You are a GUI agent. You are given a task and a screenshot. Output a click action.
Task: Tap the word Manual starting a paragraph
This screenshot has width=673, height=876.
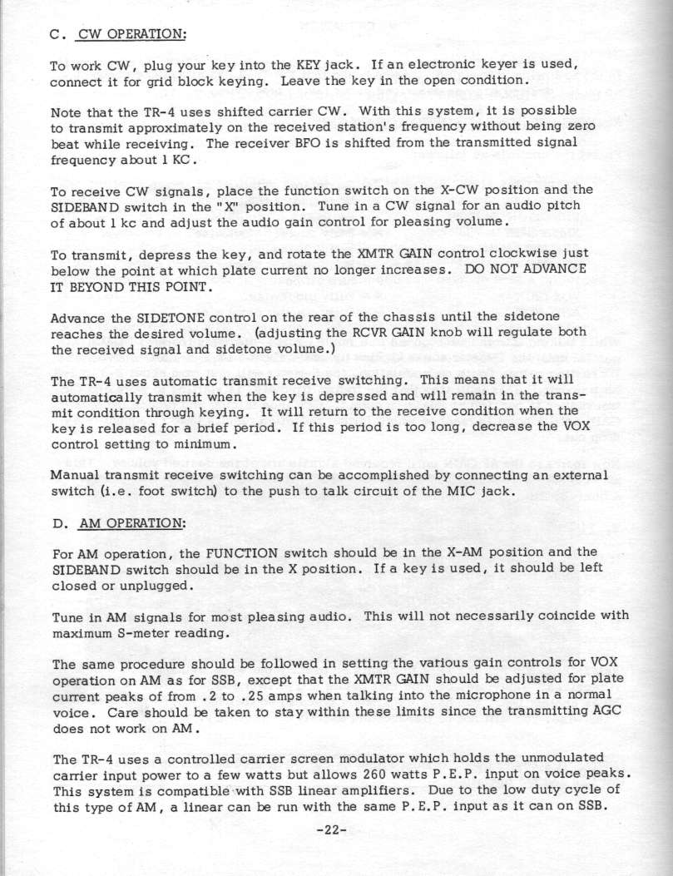tap(75, 474)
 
